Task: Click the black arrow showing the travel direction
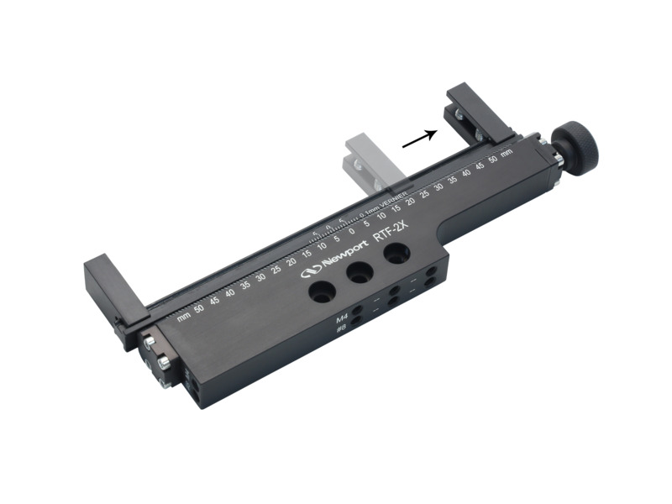click(420, 139)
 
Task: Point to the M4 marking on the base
click(342, 319)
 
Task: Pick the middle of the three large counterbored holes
click(360, 271)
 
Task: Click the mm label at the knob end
click(507, 154)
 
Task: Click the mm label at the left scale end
click(183, 317)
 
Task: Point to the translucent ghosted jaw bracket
click(362, 159)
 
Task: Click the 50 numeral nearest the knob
click(492, 160)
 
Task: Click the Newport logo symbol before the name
click(311, 269)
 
